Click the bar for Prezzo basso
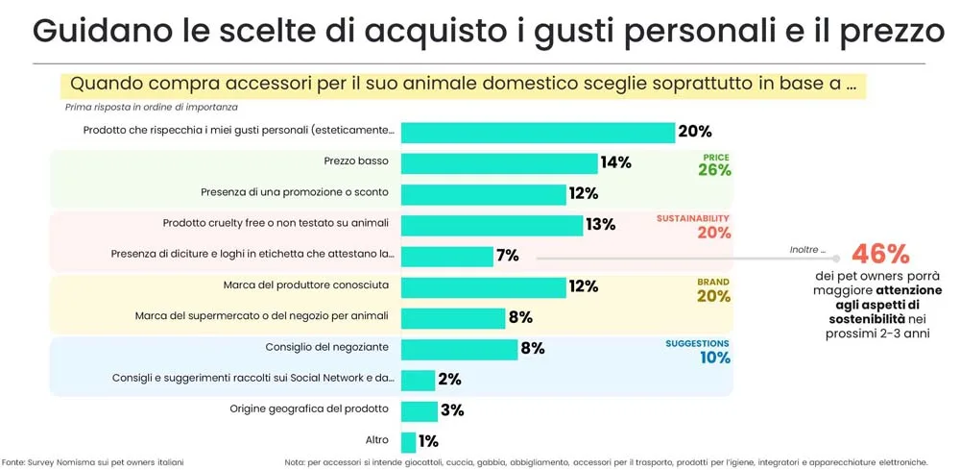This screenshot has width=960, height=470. coord(499,163)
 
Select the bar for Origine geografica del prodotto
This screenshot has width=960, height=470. coord(419,410)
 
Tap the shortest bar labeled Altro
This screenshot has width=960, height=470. coord(408,441)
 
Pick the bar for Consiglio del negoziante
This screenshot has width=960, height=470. coord(458,349)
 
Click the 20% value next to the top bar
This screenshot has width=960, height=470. coord(694,133)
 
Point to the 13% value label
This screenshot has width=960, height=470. coord(600,225)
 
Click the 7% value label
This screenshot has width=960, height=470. coord(507,256)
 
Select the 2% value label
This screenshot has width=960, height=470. coord(449,380)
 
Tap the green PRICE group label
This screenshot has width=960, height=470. coord(716,157)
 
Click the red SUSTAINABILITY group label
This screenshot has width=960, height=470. coord(693,218)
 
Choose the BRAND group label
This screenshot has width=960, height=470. coord(714,282)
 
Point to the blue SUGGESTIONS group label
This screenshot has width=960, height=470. coord(697,343)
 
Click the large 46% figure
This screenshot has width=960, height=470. coord(879,255)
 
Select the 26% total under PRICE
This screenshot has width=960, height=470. coord(714,171)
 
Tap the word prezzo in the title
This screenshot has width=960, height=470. coord(880,32)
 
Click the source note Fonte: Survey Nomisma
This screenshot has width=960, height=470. coord(92,462)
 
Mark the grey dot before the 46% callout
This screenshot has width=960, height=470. coord(836,258)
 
